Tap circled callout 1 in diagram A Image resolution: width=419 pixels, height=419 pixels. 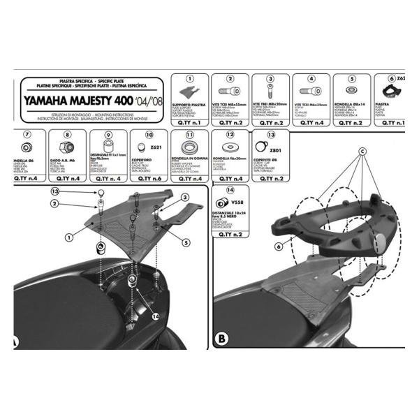click(x=69, y=237)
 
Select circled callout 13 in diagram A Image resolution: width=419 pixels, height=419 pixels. click(x=56, y=191)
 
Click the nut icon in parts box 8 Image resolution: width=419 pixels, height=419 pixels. click(x=68, y=147)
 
